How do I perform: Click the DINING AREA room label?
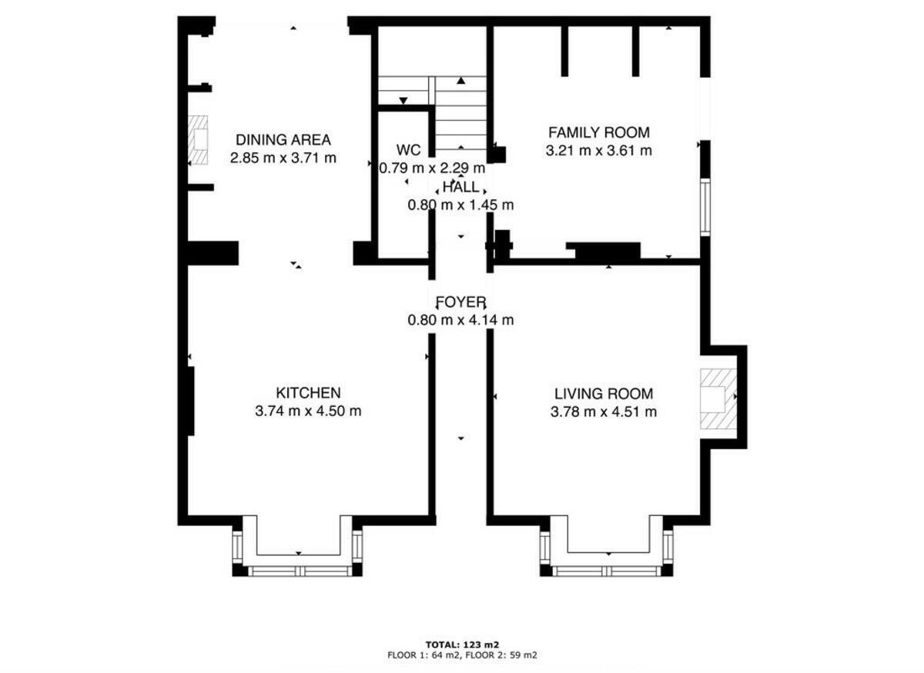[283, 140]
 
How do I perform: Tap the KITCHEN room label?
[308, 392]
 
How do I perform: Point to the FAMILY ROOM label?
[598, 132]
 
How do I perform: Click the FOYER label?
[460, 302]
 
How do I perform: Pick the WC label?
[408, 149]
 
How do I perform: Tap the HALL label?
[460, 188]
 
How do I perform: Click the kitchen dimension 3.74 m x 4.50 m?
[308, 411]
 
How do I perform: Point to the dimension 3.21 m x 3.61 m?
[598, 151]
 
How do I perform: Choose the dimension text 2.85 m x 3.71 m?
[283, 158]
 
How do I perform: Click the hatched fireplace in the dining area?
[199, 140]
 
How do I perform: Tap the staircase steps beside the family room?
[460, 115]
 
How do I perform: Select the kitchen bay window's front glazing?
[300, 571]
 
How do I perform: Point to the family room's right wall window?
[704, 206]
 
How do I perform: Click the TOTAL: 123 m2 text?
[462, 644]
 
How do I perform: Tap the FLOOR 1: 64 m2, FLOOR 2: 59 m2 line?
[462, 655]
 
